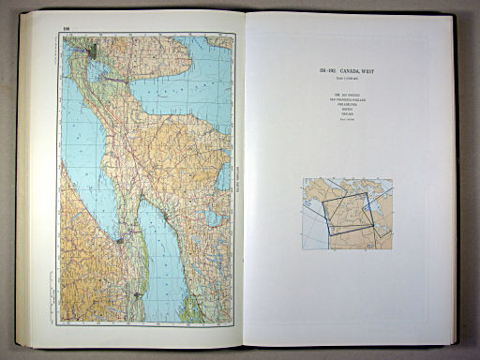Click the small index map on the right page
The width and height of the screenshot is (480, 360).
point(346,213)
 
